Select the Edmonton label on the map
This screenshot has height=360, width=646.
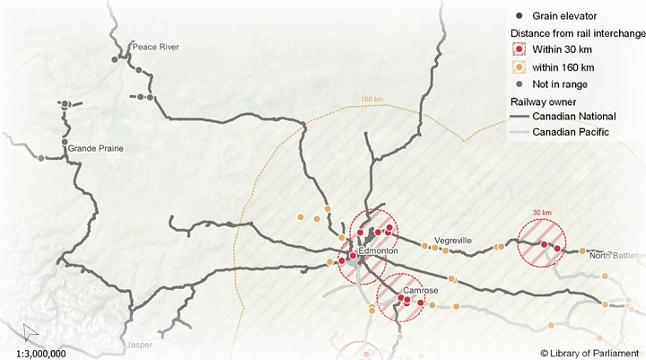(377, 251)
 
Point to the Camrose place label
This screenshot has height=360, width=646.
(420, 292)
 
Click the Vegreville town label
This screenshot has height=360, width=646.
(453, 241)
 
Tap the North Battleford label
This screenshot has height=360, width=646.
(617, 256)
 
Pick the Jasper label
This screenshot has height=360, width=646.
(139, 345)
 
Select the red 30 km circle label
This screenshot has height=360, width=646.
(542, 213)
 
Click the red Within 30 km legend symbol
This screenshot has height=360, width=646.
(518, 50)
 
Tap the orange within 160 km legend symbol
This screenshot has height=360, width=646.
(518, 67)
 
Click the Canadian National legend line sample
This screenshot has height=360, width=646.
(519, 117)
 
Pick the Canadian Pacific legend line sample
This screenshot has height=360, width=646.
(519, 133)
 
